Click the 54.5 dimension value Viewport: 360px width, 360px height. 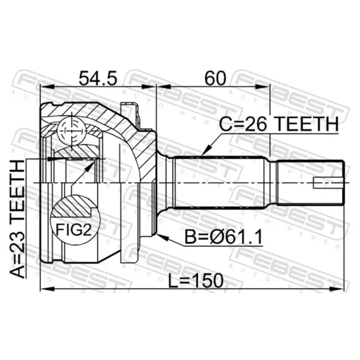98,78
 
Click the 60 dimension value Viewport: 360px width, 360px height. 215,78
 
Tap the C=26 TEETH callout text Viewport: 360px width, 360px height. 279,124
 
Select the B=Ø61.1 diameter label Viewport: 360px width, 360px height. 223,237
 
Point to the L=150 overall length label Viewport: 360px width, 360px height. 196,281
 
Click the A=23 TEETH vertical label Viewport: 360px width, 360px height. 17,219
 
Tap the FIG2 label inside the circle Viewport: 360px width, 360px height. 73,230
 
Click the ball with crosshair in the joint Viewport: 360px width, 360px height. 72,131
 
